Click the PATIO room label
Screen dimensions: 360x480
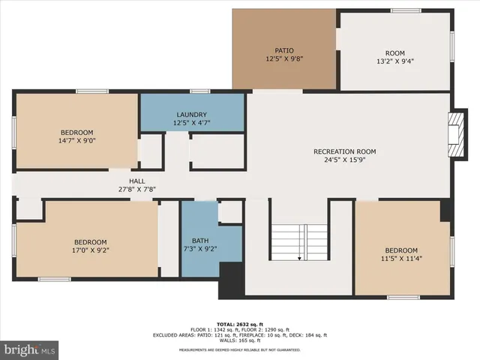click(x=283, y=50)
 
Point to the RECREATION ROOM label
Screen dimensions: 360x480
click(x=344, y=151)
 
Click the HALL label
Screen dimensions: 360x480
click(x=136, y=181)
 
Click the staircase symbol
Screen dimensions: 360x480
click(x=299, y=241)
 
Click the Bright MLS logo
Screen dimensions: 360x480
click(x=30, y=349)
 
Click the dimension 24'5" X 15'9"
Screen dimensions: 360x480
click(x=344, y=160)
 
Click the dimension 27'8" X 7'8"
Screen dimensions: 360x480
click(x=136, y=190)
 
